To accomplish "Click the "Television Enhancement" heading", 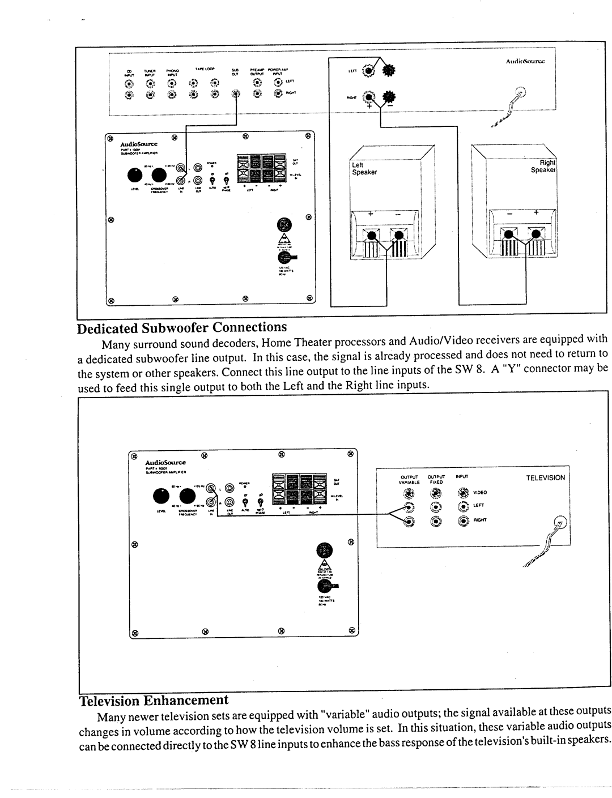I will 153,701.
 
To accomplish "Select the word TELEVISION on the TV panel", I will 545,477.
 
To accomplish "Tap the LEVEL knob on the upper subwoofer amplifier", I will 136,175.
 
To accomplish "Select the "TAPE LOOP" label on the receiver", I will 203,68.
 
